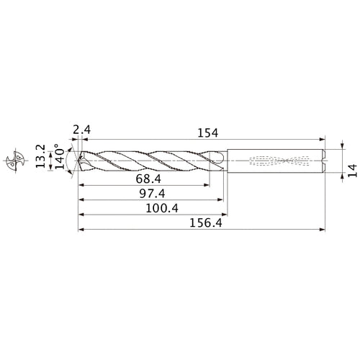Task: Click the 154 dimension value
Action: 206,132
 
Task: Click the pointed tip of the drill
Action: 78,159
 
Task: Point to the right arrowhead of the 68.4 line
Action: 207,184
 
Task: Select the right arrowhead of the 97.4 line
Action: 220,200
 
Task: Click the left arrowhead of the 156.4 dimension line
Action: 81,231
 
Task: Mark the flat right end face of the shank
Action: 323,159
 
